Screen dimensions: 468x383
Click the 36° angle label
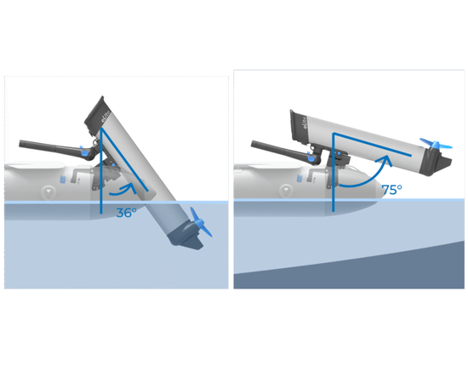[126, 213]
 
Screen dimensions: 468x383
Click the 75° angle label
[392, 190]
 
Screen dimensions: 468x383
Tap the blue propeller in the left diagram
[200, 222]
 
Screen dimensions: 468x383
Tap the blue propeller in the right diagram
[436, 145]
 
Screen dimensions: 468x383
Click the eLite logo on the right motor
[304, 122]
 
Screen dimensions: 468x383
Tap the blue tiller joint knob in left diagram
[84, 153]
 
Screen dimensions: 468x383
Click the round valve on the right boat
[286, 190]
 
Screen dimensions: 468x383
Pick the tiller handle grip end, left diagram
[22, 144]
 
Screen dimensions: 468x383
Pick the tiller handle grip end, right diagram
[254, 144]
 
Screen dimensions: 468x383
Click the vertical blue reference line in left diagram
[101, 171]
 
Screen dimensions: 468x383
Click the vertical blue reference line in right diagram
[334, 172]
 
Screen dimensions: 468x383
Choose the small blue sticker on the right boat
[300, 179]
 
